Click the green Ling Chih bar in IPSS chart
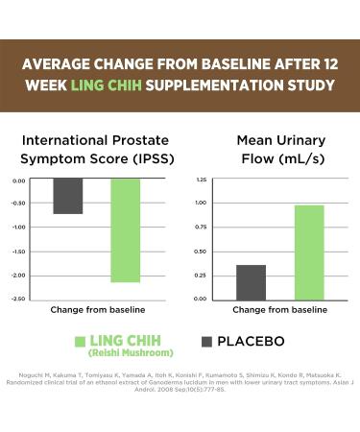[x=126, y=229]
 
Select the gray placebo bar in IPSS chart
[x=67, y=196]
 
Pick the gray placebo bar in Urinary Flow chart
[x=251, y=281]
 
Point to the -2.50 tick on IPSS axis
[x=19, y=300]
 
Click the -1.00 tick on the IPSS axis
[x=19, y=228]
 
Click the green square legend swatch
[x=82, y=342]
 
